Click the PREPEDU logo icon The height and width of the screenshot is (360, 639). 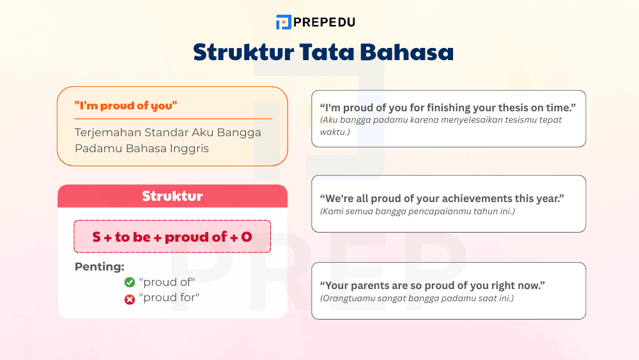(x=283, y=22)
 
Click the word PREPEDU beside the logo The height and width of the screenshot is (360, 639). (x=325, y=22)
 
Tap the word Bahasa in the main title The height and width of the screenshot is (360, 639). (x=413, y=52)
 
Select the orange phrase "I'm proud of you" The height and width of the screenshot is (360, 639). (x=125, y=106)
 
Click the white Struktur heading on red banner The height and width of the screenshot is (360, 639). (x=172, y=196)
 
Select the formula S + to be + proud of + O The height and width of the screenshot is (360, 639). (x=172, y=237)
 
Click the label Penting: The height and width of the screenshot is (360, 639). (x=99, y=267)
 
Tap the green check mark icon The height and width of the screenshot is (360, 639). (x=130, y=282)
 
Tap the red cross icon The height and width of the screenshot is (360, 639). (x=130, y=298)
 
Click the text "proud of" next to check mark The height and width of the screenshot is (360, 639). (x=167, y=282)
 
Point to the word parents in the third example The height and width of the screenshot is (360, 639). (x=378, y=285)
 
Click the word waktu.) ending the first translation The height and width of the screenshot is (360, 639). (x=335, y=132)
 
